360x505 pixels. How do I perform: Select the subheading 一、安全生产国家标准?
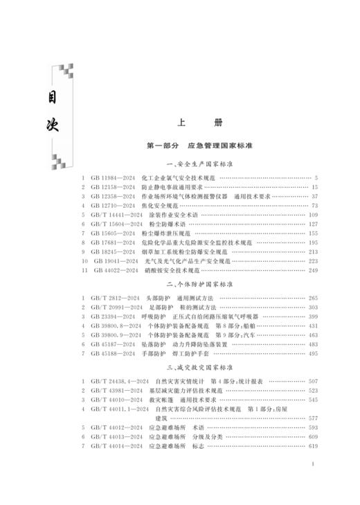point(199,165)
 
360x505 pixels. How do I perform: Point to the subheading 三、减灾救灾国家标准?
point(199,366)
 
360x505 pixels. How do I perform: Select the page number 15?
point(314,187)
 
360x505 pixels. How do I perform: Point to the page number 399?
point(312,316)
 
